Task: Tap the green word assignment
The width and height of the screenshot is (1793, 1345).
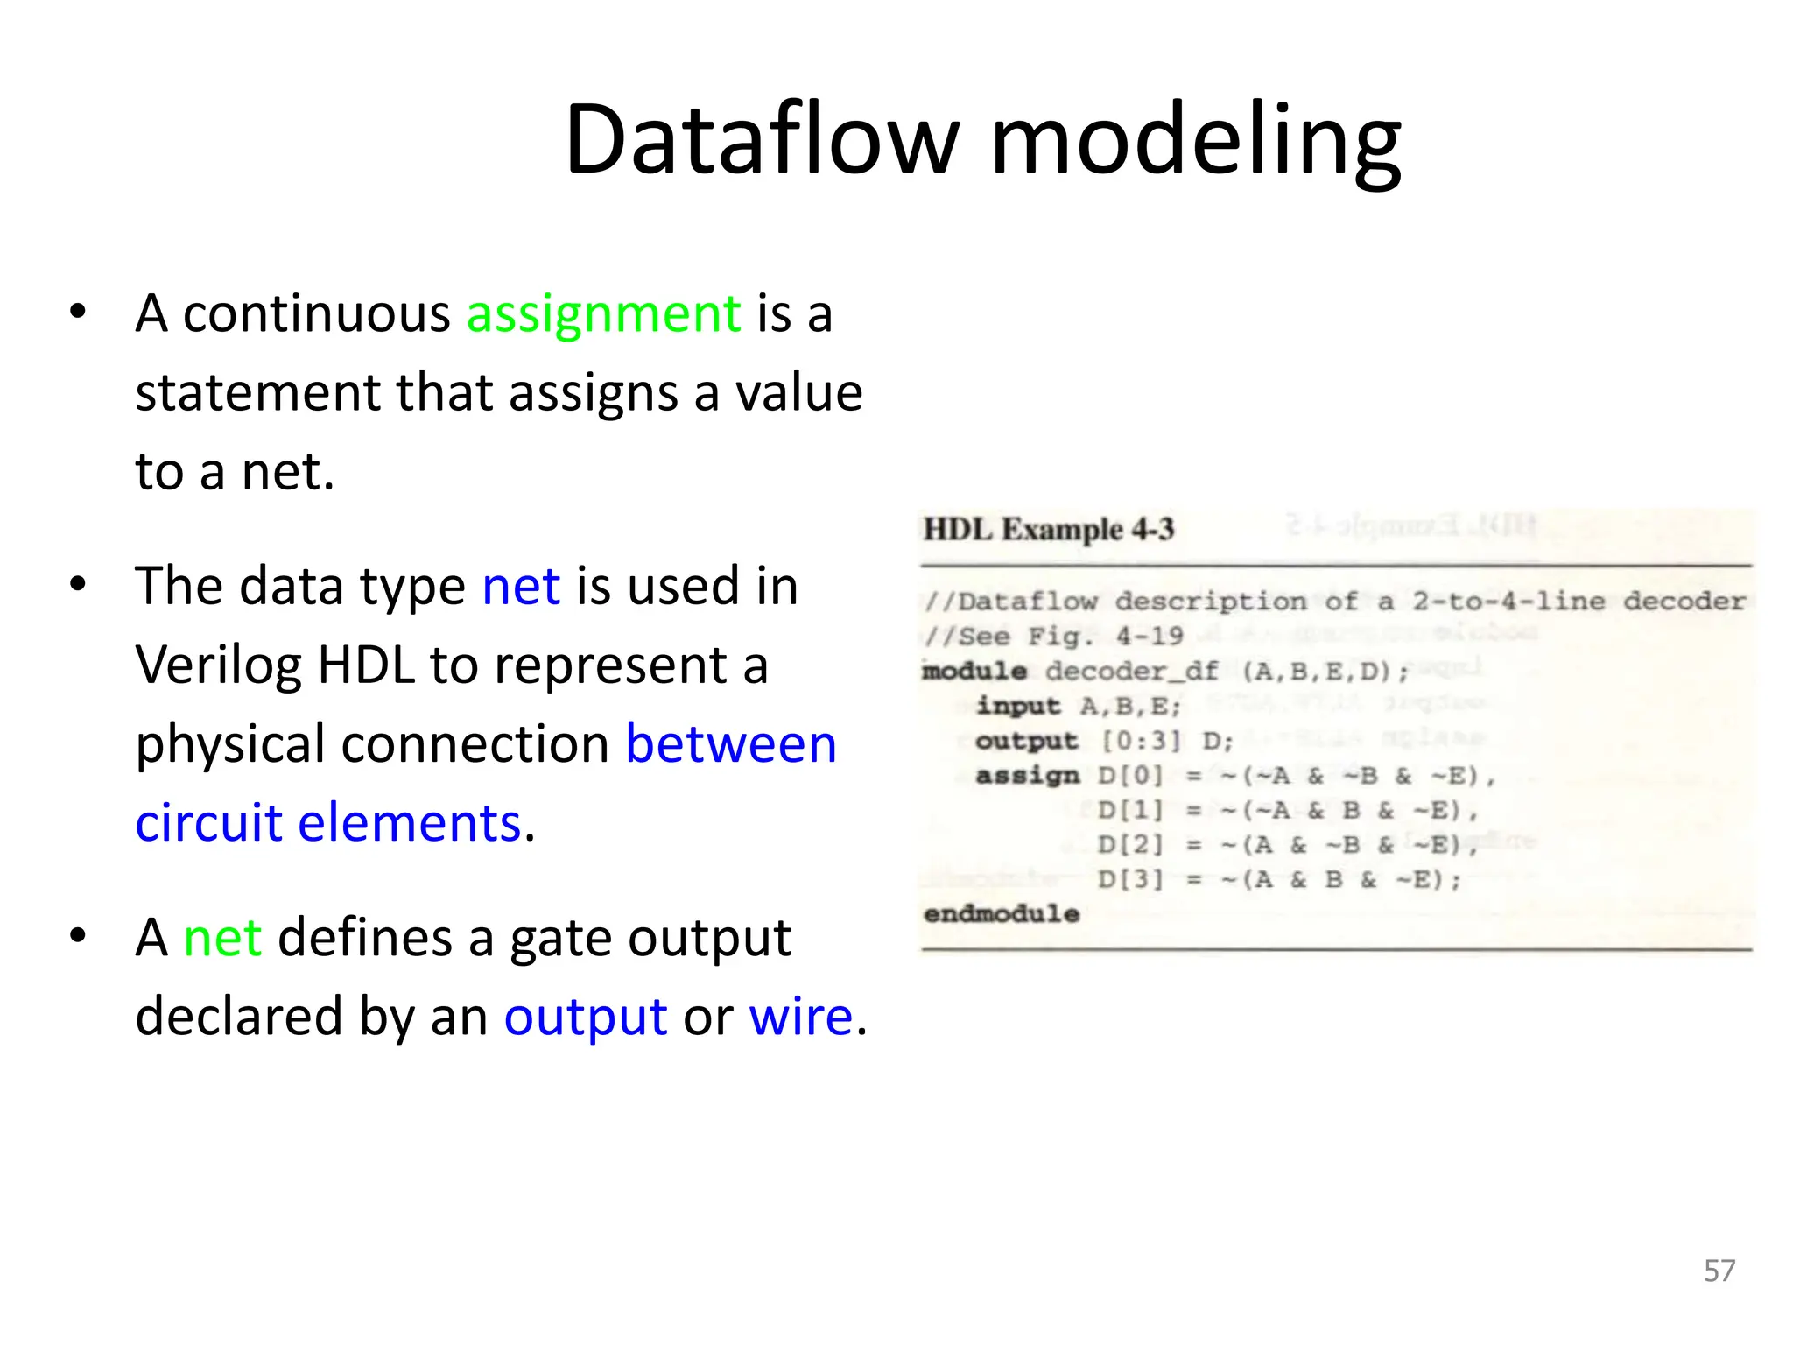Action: tap(603, 315)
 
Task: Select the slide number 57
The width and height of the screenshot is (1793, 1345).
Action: tap(1719, 1271)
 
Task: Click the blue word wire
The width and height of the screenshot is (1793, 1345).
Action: tap(800, 1018)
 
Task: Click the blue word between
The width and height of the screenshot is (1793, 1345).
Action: tap(731, 745)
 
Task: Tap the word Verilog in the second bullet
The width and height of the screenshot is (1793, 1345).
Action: tap(218, 667)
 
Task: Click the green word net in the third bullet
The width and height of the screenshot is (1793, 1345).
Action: tap(221, 938)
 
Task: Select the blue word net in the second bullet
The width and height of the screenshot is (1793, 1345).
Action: tap(521, 587)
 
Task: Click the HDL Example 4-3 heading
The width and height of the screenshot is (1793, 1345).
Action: tap(1048, 530)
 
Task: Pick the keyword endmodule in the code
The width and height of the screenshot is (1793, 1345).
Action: tap(1001, 914)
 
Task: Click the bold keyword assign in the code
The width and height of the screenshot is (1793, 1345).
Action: tap(1027, 776)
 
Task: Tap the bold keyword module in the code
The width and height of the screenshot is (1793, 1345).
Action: tap(974, 672)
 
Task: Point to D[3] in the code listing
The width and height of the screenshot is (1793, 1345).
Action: tap(1129, 879)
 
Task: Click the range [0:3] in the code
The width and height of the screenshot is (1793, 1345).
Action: tap(1141, 742)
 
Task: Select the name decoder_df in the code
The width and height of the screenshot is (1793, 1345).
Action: tap(1131, 672)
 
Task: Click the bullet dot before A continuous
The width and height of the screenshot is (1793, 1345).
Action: tap(78, 312)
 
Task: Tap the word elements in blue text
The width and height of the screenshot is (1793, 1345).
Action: tap(410, 824)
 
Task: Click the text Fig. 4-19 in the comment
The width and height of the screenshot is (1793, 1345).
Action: tap(1105, 637)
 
